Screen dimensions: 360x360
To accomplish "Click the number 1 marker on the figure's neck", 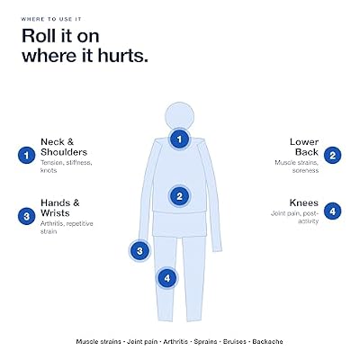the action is click(179, 139).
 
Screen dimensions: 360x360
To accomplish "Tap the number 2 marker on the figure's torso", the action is click(179, 196).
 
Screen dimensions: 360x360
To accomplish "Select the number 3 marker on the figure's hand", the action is click(139, 250).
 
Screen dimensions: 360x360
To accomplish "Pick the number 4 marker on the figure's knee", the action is click(167, 278).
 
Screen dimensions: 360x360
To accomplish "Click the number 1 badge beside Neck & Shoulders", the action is click(26, 156).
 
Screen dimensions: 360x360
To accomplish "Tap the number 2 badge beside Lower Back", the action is click(332, 156).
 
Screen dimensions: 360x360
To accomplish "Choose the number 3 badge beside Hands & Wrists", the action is click(26, 216).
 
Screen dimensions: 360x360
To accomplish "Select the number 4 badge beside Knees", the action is click(332, 211).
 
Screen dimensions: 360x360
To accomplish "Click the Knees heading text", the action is click(303, 202).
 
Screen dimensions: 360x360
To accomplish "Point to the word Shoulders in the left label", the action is click(64, 152).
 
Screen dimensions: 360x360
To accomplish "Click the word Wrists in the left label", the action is click(55, 213).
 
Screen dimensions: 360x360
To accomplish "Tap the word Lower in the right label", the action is click(304, 141).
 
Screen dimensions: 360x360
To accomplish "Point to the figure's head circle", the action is click(180, 116).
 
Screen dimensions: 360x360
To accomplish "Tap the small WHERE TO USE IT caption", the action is click(51, 19).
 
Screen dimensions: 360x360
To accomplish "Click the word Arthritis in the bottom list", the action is click(175, 341).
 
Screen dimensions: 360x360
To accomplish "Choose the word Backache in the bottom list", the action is click(267, 341).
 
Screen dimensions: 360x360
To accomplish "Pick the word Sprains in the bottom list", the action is click(206, 342).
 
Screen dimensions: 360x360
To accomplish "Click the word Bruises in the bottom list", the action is click(235, 341).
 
